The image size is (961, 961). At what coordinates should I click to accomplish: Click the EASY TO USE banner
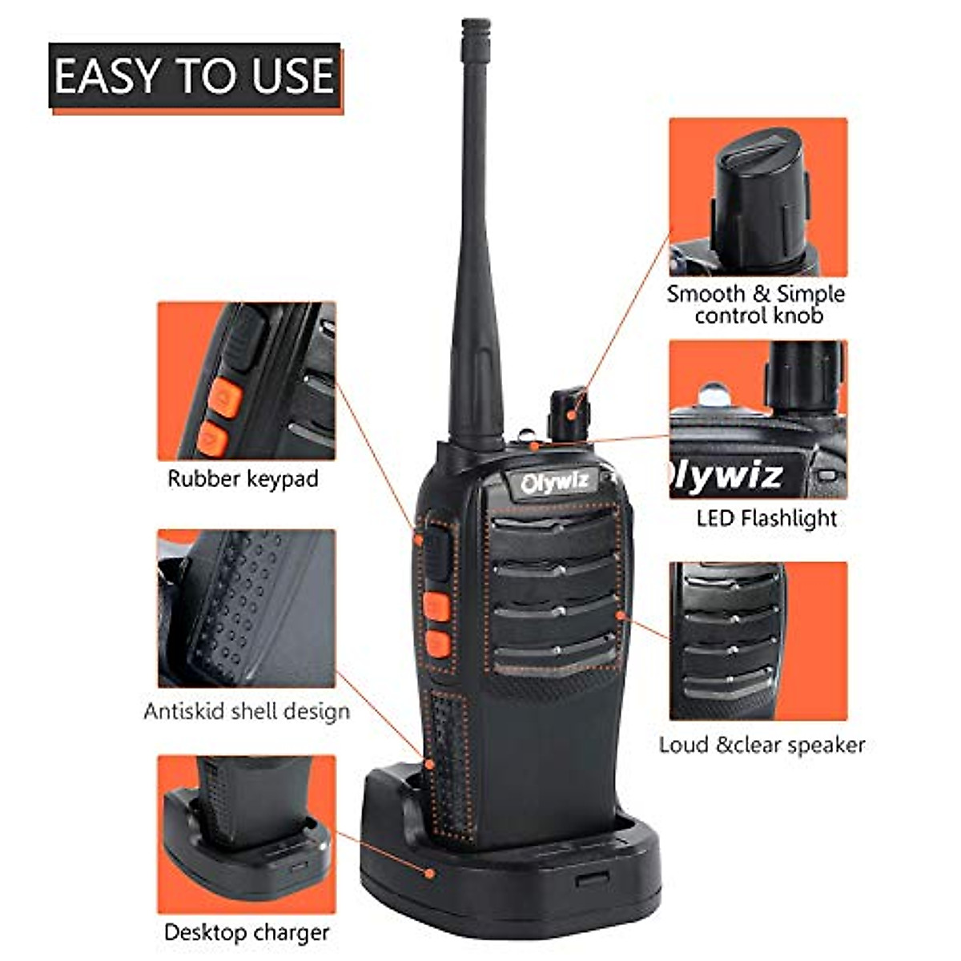pyautogui.click(x=195, y=76)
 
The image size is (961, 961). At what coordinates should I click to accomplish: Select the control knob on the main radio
pyautogui.click(x=569, y=412)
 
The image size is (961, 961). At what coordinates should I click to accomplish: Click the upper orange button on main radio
pyautogui.click(x=437, y=605)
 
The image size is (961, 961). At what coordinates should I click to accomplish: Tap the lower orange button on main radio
pyautogui.click(x=438, y=643)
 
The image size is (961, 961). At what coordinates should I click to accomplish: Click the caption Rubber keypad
pyautogui.click(x=243, y=479)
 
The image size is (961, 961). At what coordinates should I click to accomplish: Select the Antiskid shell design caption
pyautogui.click(x=247, y=711)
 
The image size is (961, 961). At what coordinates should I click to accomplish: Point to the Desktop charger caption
pyautogui.click(x=247, y=932)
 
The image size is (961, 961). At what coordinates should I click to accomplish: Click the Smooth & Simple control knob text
pyautogui.click(x=756, y=304)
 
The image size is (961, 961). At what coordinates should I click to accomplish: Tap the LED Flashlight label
pyautogui.click(x=766, y=518)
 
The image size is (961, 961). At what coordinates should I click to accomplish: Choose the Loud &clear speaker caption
pyautogui.click(x=762, y=745)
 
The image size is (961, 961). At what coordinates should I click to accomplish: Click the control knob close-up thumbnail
pyautogui.click(x=758, y=197)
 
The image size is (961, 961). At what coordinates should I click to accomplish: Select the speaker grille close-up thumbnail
pyautogui.click(x=758, y=641)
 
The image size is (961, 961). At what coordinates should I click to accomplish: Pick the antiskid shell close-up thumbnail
pyautogui.click(x=247, y=608)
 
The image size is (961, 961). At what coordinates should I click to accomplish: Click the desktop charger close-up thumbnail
pyautogui.click(x=247, y=834)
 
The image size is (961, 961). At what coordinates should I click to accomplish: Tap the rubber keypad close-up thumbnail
pyautogui.click(x=247, y=380)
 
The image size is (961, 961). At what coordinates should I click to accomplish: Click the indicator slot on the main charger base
pyautogui.click(x=592, y=879)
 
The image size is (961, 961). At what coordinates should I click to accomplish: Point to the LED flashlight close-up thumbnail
pyautogui.click(x=758, y=419)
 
